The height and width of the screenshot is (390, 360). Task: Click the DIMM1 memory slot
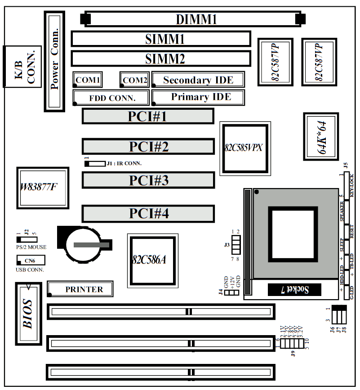pos(193,19)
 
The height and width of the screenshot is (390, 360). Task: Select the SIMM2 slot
pos(160,58)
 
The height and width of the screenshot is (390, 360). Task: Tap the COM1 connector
pos(87,80)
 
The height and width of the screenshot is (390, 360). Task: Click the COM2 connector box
pos(134,80)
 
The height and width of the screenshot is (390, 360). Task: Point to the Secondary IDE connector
pos(198,80)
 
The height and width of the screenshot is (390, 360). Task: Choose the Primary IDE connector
pos(198,97)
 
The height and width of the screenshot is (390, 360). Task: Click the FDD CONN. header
pos(111,97)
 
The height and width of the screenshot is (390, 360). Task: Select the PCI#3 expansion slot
pos(148,180)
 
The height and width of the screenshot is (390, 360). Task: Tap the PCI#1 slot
pos(148,116)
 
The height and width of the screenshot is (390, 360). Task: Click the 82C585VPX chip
pos(245,148)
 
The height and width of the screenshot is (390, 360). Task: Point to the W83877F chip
pos(42,188)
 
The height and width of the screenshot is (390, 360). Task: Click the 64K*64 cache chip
pos(320,136)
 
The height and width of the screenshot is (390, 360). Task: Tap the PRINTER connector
pos(80,289)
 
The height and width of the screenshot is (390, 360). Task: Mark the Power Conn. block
pos(54,61)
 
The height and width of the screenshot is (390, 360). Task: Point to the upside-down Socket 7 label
pos(294,290)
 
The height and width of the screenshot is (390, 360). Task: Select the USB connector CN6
pos(31,260)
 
